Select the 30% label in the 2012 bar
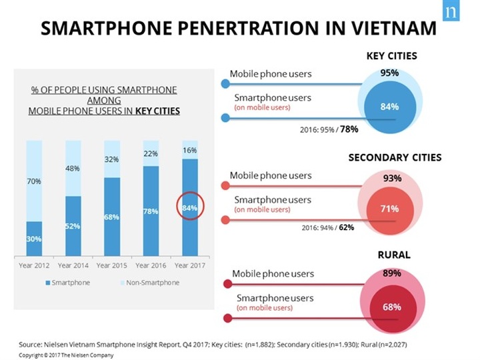(35, 238)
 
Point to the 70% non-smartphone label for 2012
(35, 180)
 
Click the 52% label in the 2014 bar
(73, 226)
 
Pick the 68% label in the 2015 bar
(111, 217)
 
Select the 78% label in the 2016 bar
(150, 211)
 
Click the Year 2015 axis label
(111, 265)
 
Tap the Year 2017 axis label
(189, 265)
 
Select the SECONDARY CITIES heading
(395, 158)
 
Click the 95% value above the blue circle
(389, 72)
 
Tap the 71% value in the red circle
(389, 209)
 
